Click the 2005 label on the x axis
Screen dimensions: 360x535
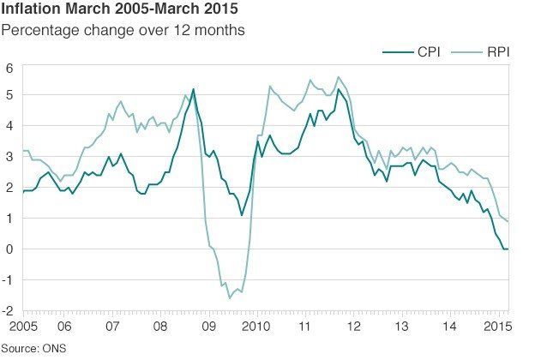[15, 327]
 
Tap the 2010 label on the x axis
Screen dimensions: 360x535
[256, 327]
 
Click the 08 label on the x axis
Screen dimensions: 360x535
[160, 327]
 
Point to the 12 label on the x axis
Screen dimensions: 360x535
[353, 327]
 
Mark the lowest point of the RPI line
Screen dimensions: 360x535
[229, 297]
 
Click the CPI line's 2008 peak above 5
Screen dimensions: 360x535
[193, 89]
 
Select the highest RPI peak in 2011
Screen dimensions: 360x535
[337, 77]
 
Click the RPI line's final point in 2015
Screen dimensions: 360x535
[508, 221]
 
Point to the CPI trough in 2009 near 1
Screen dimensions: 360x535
[242, 215]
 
